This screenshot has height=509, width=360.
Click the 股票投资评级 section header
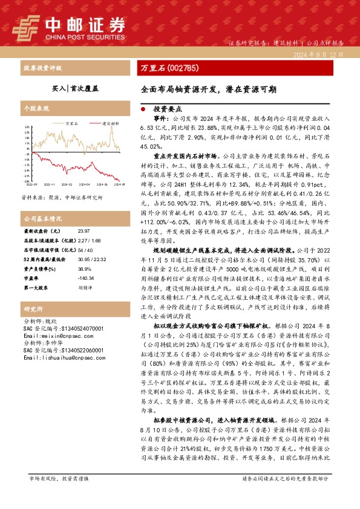42,67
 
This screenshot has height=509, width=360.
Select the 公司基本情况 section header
42,218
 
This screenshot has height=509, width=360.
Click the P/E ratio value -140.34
87,278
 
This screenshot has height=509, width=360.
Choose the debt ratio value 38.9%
84,268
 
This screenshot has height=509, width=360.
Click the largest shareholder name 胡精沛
85,288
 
